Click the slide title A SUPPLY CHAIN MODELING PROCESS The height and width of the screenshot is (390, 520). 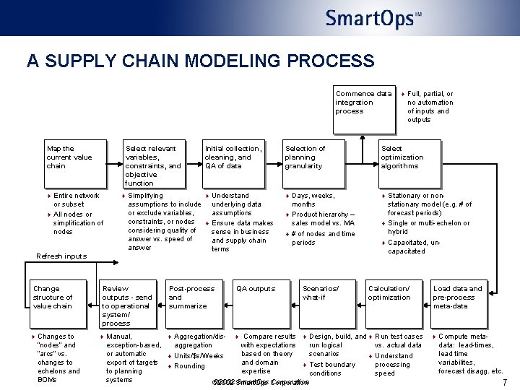pos(200,61)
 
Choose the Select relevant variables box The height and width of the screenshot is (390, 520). pos(154,165)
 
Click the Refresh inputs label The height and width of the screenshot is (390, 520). pos(61,256)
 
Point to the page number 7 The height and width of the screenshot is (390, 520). pos(504,382)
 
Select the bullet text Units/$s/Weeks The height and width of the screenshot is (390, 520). pos(199,356)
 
